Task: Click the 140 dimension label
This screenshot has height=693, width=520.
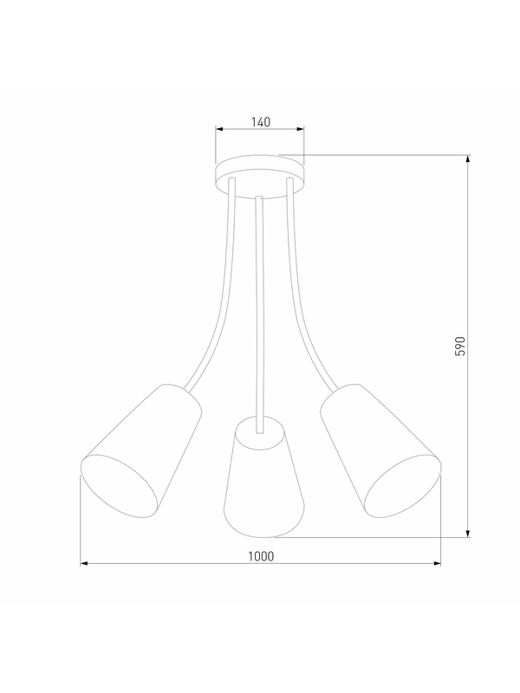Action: click(x=261, y=121)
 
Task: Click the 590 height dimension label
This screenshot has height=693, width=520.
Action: click(x=460, y=346)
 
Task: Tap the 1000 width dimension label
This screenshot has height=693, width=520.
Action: click(x=261, y=556)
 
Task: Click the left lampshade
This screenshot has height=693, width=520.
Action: click(x=141, y=450)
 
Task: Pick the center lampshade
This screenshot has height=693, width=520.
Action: click(x=263, y=477)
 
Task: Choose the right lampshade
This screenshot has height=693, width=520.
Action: click(x=380, y=450)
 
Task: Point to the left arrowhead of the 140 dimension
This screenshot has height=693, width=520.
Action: click(x=219, y=129)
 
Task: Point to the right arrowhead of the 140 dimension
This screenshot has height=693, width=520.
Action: click(x=300, y=129)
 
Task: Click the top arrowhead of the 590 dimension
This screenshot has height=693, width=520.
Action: click(x=468, y=159)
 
